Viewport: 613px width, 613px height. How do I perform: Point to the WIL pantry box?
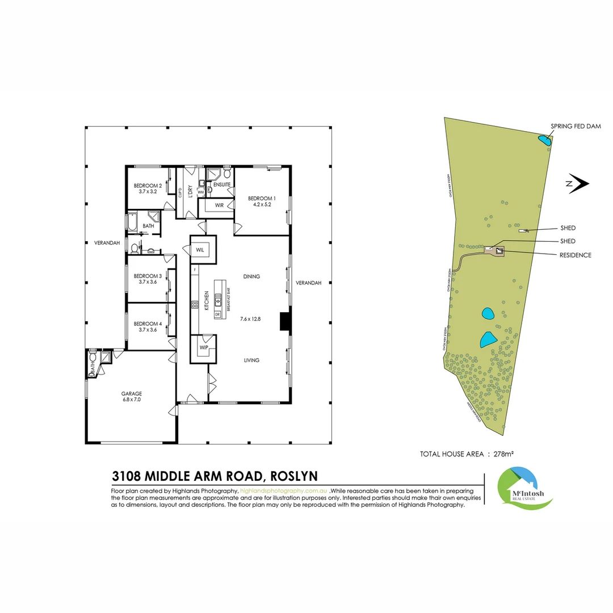(x=200, y=250)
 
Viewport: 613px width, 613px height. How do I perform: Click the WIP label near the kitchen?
(x=203, y=346)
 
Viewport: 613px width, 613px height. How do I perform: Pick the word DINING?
(x=251, y=276)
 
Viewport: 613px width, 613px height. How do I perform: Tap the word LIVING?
(x=251, y=360)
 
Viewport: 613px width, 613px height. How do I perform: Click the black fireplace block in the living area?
(x=285, y=322)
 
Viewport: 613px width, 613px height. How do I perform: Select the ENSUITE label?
(x=222, y=184)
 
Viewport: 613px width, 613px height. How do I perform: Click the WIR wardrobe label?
(x=219, y=204)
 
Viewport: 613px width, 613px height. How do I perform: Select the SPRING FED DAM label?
(x=576, y=126)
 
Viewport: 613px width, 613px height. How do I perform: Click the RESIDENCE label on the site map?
(x=576, y=255)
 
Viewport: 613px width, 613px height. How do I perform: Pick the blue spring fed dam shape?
(x=544, y=139)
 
